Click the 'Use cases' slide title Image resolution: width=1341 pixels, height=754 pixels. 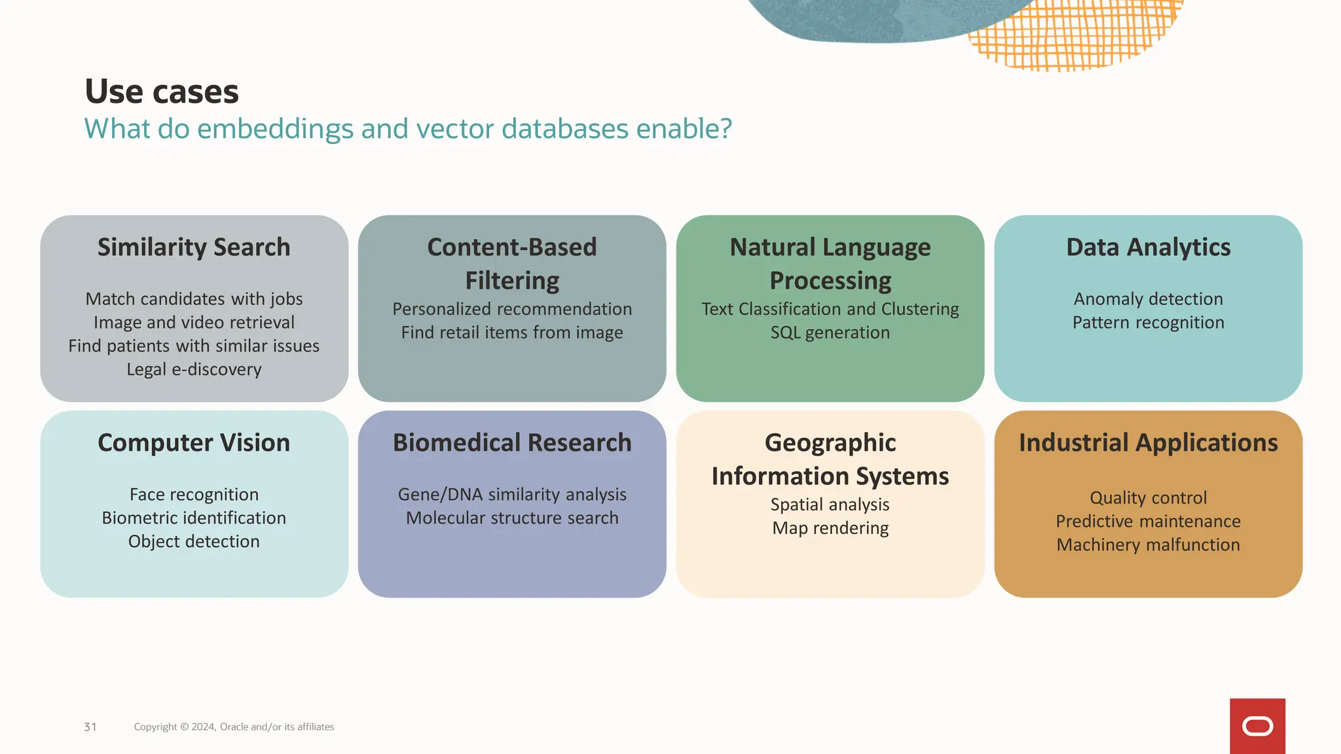(x=162, y=92)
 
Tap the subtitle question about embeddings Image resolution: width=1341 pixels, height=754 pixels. (x=407, y=129)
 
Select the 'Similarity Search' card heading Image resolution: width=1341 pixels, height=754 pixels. (x=194, y=247)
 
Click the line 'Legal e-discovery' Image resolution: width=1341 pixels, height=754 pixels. (x=194, y=370)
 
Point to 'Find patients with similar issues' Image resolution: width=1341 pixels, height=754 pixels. (x=194, y=346)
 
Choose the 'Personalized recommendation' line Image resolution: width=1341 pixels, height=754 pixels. (x=512, y=309)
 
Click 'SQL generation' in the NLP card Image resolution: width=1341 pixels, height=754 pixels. (x=830, y=332)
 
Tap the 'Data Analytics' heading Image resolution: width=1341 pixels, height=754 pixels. (x=1148, y=247)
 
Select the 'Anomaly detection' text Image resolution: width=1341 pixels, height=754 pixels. (x=1148, y=299)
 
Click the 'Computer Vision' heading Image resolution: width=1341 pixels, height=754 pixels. (x=194, y=443)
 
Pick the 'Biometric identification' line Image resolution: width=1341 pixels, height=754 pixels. (x=194, y=518)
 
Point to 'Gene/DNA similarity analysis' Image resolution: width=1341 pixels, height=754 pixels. (x=512, y=495)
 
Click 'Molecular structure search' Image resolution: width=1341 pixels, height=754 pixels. (x=512, y=518)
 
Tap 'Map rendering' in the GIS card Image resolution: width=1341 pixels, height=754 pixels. (x=830, y=528)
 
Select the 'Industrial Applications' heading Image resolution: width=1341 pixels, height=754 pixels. (x=1148, y=443)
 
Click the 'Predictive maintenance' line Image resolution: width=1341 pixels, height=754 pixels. (x=1148, y=522)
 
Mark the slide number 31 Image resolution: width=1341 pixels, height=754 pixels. (x=90, y=727)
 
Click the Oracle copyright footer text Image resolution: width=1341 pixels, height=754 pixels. (x=234, y=727)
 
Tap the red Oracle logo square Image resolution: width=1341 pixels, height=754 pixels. (x=1257, y=726)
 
